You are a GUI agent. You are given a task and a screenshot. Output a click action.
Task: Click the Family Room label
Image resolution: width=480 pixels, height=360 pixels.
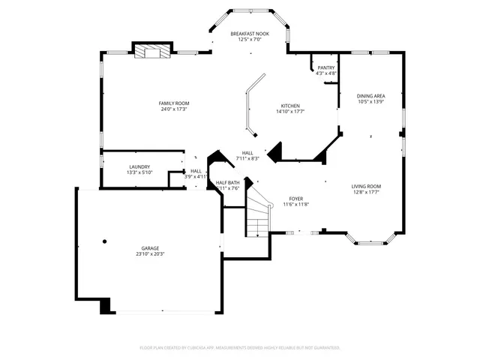(x=173, y=103)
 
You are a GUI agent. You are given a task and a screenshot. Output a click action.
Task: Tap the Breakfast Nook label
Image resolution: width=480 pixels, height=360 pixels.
(x=250, y=34)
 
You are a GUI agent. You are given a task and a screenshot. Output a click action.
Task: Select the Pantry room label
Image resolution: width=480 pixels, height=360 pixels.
(x=325, y=67)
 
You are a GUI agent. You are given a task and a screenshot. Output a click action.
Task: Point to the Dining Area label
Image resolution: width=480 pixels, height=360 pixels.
(x=370, y=96)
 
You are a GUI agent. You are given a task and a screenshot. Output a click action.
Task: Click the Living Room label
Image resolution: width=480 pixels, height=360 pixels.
(x=366, y=186)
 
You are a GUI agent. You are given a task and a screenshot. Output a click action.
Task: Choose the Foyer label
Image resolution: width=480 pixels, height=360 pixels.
(x=296, y=199)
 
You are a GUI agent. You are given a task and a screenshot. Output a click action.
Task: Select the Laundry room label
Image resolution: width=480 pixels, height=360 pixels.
(x=139, y=166)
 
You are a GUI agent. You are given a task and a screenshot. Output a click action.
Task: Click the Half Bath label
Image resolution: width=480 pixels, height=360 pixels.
(x=228, y=182)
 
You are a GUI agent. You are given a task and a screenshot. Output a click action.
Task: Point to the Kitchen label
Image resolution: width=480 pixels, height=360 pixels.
(x=290, y=106)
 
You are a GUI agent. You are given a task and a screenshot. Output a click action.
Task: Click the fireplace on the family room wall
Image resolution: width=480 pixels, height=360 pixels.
(x=152, y=51)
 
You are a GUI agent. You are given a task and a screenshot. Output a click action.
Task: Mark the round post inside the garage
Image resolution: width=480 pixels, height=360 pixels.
(x=104, y=241)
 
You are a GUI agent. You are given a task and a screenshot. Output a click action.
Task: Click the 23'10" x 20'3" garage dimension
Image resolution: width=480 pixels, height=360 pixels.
(x=151, y=254)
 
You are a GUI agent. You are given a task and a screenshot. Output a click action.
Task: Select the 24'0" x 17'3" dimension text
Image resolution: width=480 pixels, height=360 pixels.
(x=173, y=109)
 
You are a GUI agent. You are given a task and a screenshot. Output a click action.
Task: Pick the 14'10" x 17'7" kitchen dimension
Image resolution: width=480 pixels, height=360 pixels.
(x=290, y=112)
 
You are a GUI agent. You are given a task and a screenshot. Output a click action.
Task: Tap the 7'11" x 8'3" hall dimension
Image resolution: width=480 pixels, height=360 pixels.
(x=247, y=158)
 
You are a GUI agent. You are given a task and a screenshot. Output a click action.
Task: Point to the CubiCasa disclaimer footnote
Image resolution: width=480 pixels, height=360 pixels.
(x=240, y=347)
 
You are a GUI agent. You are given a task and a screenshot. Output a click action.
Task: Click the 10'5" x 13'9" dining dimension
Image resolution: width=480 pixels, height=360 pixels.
(x=370, y=102)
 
